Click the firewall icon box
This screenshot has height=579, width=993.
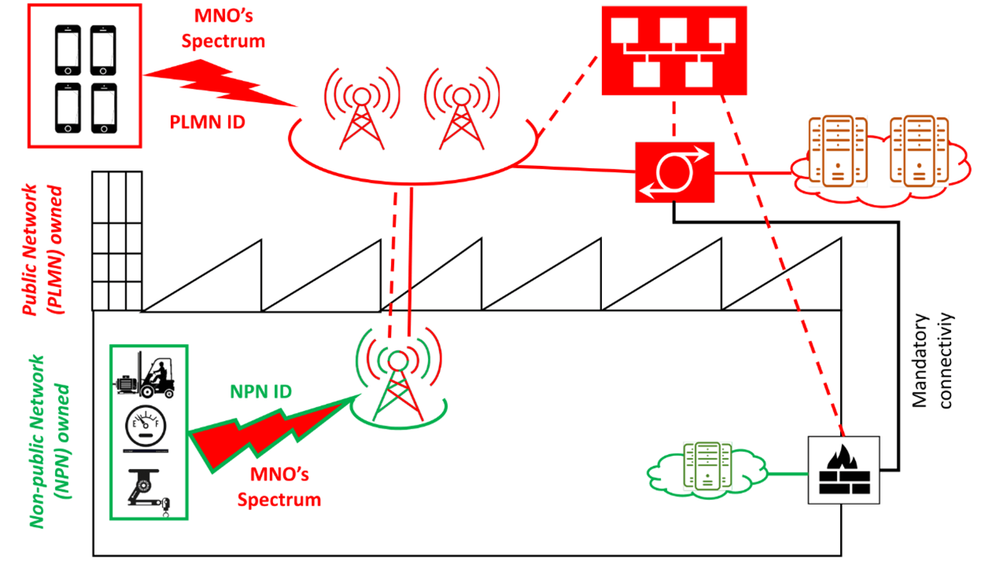[x=844, y=470]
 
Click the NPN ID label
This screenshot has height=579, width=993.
[x=260, y=391]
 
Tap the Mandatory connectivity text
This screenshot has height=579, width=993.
[x=932, y=360]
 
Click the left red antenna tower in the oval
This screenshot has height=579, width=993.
[x=360, y=112]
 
